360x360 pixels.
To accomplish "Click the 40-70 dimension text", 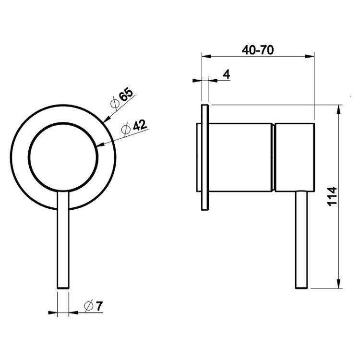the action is (258, 50).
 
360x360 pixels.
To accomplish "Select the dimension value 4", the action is (227, 74).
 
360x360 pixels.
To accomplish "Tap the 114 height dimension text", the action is (333, 196).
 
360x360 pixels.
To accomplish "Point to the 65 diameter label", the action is (127, 95).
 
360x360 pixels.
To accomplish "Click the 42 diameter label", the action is (140, 125).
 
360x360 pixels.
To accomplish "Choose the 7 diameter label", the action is (99, 306).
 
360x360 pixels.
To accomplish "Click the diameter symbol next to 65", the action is (115, 104).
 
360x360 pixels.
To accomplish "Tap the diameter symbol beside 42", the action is (126, 130).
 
